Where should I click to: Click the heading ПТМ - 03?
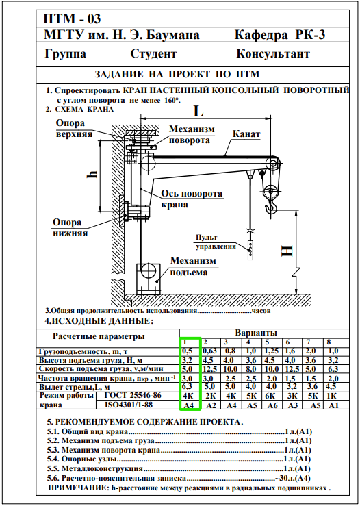[72, 19]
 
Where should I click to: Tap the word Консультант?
[273, 53]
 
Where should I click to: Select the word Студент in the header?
[153, 54]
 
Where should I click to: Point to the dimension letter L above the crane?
[198, 112]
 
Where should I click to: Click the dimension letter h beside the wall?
[92, 175]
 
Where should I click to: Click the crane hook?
[272, 206]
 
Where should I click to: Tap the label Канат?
[246, 134]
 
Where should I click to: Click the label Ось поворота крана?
[192, 199]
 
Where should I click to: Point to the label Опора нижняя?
[70, 227]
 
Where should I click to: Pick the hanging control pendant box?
[250, 250]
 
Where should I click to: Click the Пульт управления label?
[216, 242]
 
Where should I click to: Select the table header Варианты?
[256, 333]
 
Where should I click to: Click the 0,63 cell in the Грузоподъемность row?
[210, 351]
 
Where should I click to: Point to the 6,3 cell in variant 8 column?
[332, 369]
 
